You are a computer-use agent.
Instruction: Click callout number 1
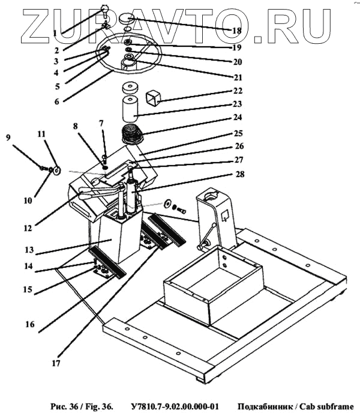click(x=55, y=32)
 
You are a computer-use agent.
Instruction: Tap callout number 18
click(x=236, y=29)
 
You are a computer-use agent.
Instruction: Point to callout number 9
click(x=8, y=137)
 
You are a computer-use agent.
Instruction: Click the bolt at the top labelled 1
click(x=106, y=8)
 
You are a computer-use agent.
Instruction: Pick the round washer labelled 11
click(x=56, y=170)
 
